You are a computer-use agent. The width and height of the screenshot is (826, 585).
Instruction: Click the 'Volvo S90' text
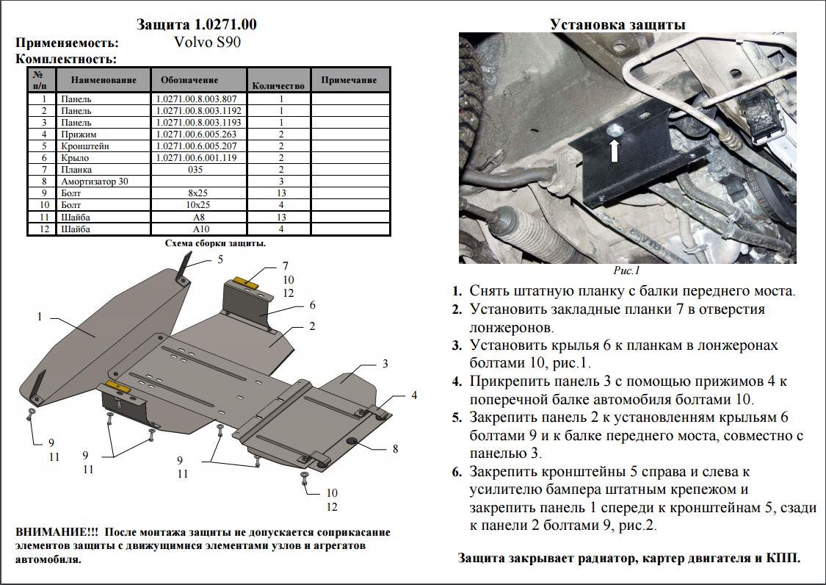tap(207, 42)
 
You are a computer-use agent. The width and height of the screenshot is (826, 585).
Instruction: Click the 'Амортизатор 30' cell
tap(94, 181)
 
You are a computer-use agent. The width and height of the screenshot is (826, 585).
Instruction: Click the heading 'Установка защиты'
tap(617, 25)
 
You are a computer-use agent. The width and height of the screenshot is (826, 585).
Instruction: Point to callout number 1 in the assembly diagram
tap(40, 317)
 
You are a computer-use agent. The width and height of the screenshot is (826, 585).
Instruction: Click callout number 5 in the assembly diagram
tap(219, 259)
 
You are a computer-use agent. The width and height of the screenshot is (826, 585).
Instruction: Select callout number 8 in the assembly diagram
tap(395, 448)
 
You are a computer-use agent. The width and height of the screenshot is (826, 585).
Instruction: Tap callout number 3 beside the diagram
tap(385, 363)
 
